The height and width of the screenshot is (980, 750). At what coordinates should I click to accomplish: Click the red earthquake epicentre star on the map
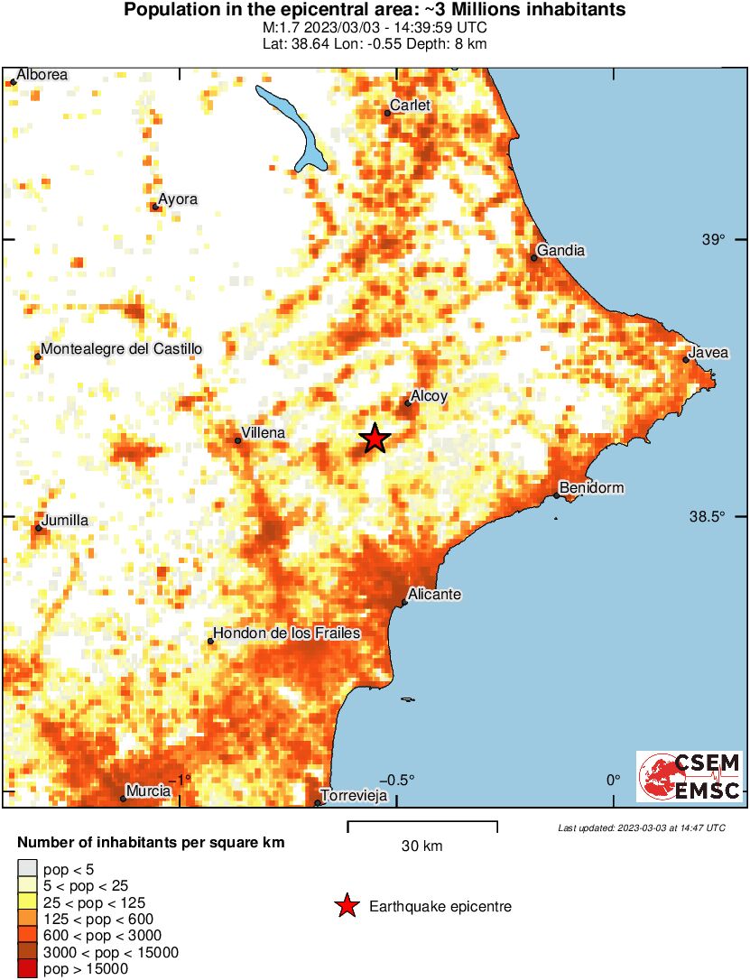(375, 439)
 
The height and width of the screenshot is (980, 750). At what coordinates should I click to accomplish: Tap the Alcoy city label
(429, 395)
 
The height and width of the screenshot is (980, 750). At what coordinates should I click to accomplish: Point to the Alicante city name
(435, 595)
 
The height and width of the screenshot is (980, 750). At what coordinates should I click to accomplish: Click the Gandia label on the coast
(560, 250)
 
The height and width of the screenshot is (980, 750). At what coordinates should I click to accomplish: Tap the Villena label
(264, 433)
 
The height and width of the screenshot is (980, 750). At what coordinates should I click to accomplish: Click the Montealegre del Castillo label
(122, 348)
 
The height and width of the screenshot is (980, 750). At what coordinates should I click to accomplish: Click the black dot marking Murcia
(124, 799)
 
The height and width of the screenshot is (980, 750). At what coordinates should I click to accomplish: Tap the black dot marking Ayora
(155, 207)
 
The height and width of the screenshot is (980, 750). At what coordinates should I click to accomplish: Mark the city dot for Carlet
(387, 113)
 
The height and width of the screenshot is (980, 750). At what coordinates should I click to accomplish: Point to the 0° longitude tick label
(614, 780)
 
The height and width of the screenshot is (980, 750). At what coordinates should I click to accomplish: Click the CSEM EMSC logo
(690, 776)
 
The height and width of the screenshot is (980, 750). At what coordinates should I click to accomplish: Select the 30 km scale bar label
(421, 846)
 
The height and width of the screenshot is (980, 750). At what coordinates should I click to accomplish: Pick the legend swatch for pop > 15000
(28, 969)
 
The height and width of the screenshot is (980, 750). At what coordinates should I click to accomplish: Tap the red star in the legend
(347, 906)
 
